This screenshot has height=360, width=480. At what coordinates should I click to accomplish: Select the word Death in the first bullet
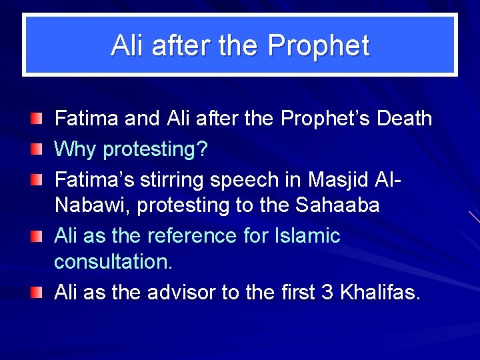coord(405,119)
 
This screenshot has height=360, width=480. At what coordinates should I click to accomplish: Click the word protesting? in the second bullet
coord(155,150)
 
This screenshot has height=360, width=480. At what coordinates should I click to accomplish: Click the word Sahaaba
coord(337,205)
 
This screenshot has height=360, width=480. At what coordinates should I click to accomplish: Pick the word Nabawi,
coord(93,205)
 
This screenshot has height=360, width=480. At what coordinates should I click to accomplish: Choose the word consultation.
coord(113,262)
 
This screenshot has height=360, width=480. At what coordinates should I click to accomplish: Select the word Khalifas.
coord(381,292)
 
